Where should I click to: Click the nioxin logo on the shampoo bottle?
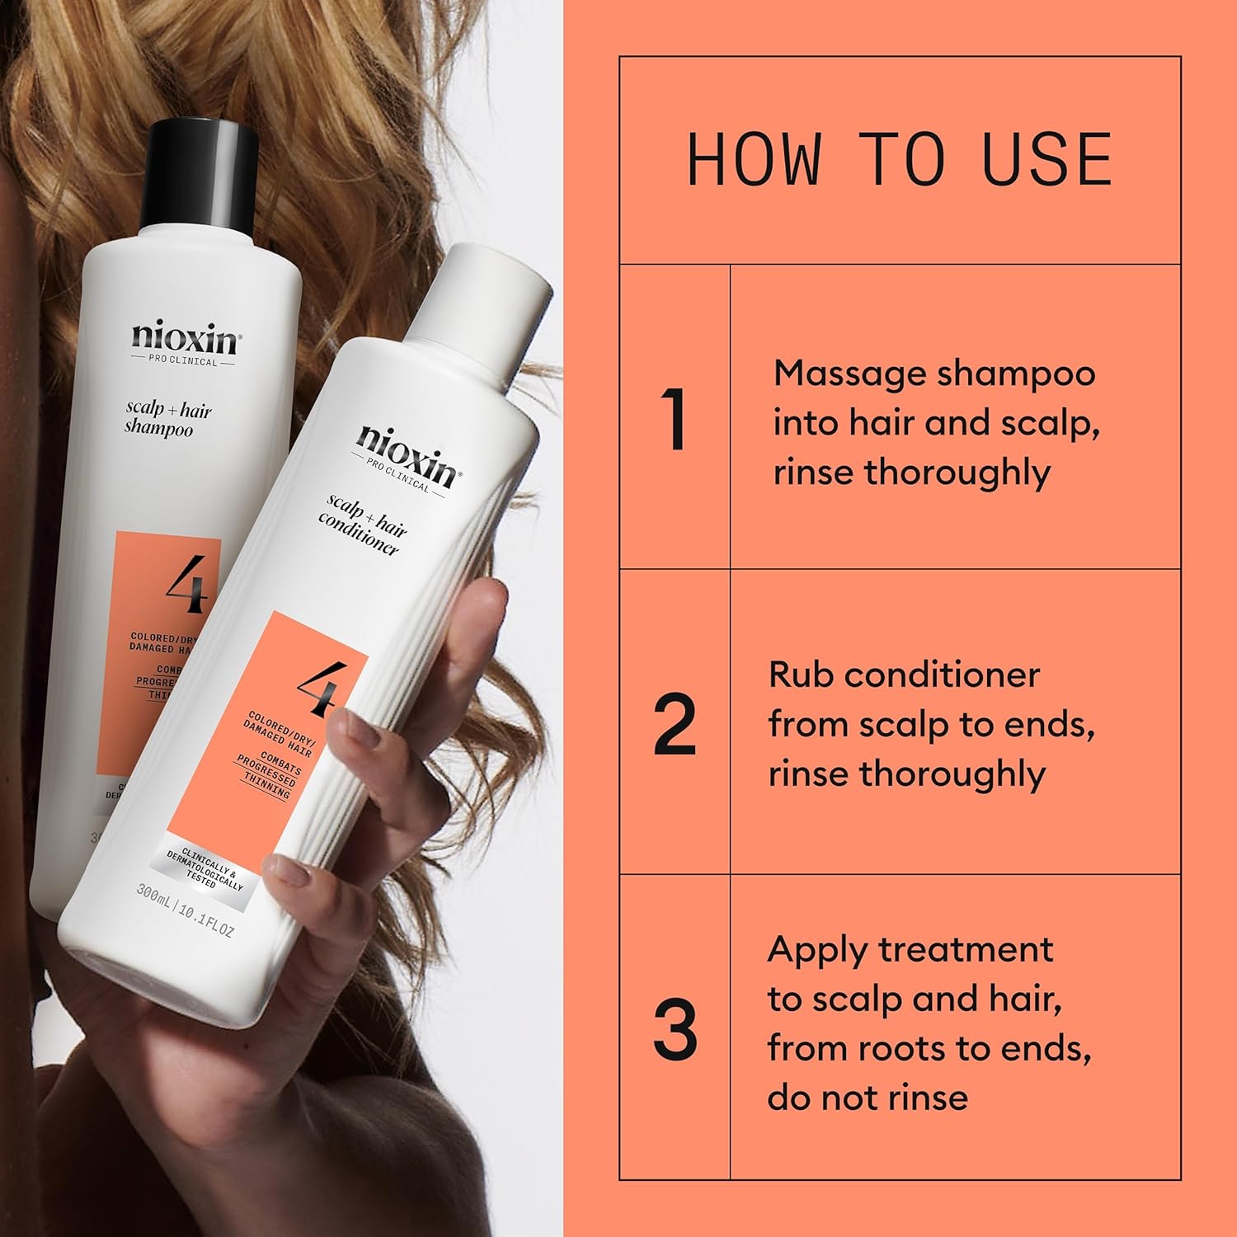pyautogui.click(x=183, y=338)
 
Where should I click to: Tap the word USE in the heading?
pyautogui.click(x=1047, y=159)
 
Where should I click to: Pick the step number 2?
pyautogui.click(x=675, y=725)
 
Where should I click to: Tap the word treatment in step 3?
pyautogui.click(x=965, y=950)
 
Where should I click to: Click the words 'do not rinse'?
pyautogui.click(x=867, y=1098)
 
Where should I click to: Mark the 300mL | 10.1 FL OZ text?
pyautogui.click(x=185, y=915)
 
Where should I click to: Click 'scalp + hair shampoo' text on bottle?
pyautogui.click(x=168, y=419)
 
